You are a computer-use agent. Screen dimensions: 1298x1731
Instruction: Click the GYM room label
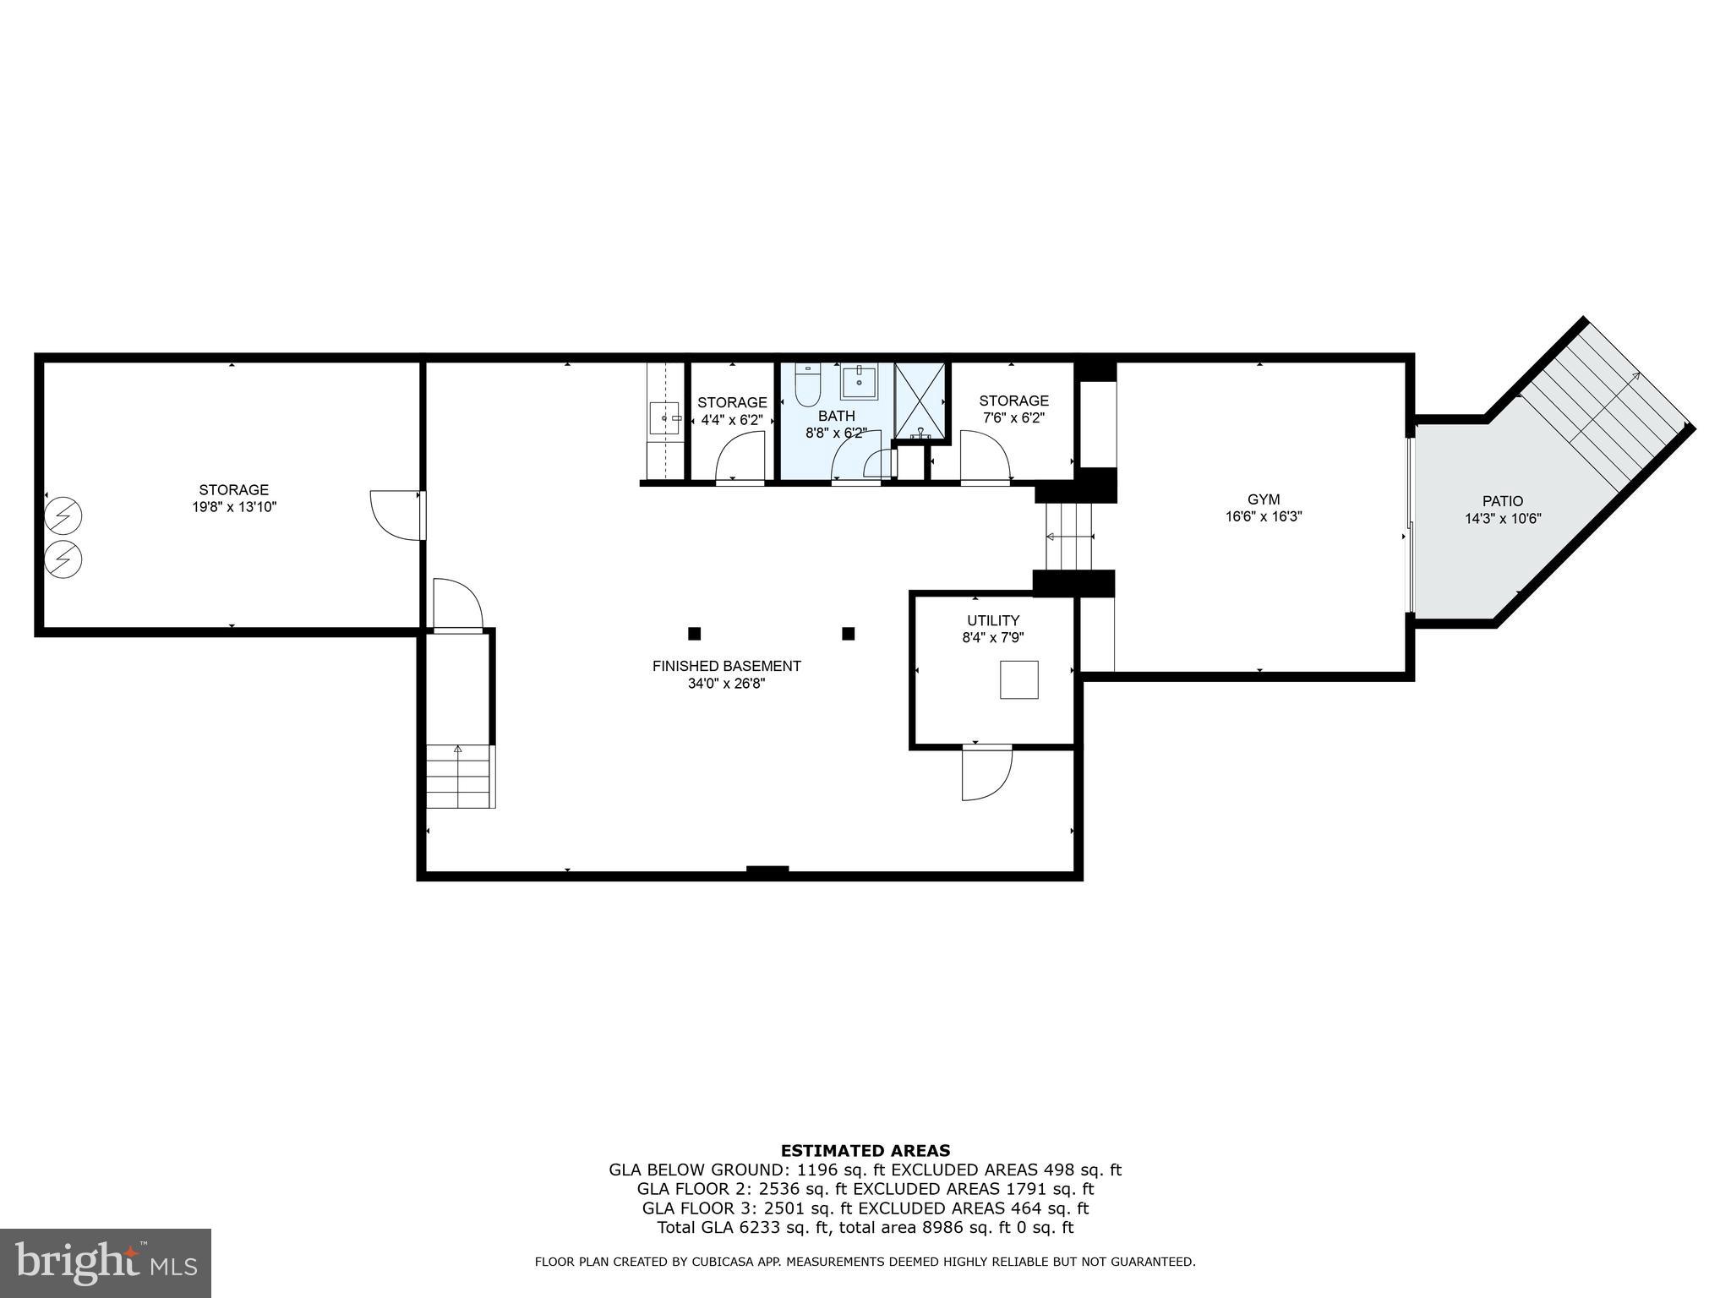coord(1264,499)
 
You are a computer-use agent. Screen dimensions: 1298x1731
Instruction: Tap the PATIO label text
coord(1503,501)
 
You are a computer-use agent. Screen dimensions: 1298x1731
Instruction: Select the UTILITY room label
coord(993,620)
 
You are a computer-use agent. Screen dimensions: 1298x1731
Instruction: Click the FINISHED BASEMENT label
coord(726,666)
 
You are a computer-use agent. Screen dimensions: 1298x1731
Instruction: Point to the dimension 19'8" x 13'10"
coord(234,507)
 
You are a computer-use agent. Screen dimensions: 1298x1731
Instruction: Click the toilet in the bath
coord(808,390)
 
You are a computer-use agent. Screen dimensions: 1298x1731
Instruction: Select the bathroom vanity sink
coord(860,382)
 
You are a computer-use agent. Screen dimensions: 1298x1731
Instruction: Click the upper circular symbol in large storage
coord(64,516)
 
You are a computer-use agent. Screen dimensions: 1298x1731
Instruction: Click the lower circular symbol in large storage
coord(64,559)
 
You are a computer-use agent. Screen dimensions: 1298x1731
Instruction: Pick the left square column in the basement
coord(695,634)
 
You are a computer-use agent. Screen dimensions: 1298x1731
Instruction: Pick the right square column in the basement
coord(849,634)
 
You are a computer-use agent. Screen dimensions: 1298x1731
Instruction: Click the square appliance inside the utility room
coord(1019,679)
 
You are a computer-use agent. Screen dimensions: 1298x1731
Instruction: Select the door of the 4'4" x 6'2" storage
coord(740,459)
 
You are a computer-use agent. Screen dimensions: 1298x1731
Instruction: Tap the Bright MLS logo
coord(106,1263)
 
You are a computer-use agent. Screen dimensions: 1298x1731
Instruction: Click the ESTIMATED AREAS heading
coord(865,1150)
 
